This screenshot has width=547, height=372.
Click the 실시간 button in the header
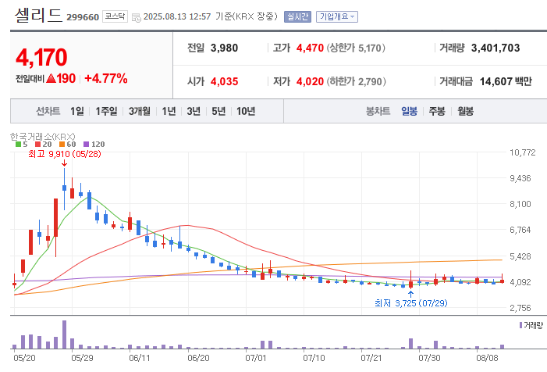tap(297, 16)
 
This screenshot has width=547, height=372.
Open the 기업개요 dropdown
tap(337, 16)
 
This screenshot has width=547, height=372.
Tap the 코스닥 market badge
tap(115, 16)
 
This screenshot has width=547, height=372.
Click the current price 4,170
tap(41, 57)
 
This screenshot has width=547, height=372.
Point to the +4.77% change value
tap(106, 79)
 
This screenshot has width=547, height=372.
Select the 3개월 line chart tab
tap(140, 111)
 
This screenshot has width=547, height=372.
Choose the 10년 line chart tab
tap(246, 111)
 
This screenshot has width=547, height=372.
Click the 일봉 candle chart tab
tap(409, 111)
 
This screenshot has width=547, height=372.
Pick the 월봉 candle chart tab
tap(465, 111)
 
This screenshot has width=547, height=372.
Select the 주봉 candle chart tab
tap(437, 111)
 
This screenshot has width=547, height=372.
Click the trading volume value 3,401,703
tap(495, 48)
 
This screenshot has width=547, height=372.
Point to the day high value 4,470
tap(310, 48)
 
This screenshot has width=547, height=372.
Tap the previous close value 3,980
tap(224, 48)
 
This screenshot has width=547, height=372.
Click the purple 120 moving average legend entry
tap(94, 145)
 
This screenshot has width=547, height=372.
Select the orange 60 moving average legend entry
tap(68, 145)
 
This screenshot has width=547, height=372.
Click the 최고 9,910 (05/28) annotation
tap(65, 154)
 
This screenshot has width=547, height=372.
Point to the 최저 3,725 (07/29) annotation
tap(411, 303)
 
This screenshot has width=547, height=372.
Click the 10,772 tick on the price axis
tap(523, 152)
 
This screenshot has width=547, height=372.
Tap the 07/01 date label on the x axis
tap(256, 358)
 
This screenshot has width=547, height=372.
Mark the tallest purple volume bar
tap(64, 334)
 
